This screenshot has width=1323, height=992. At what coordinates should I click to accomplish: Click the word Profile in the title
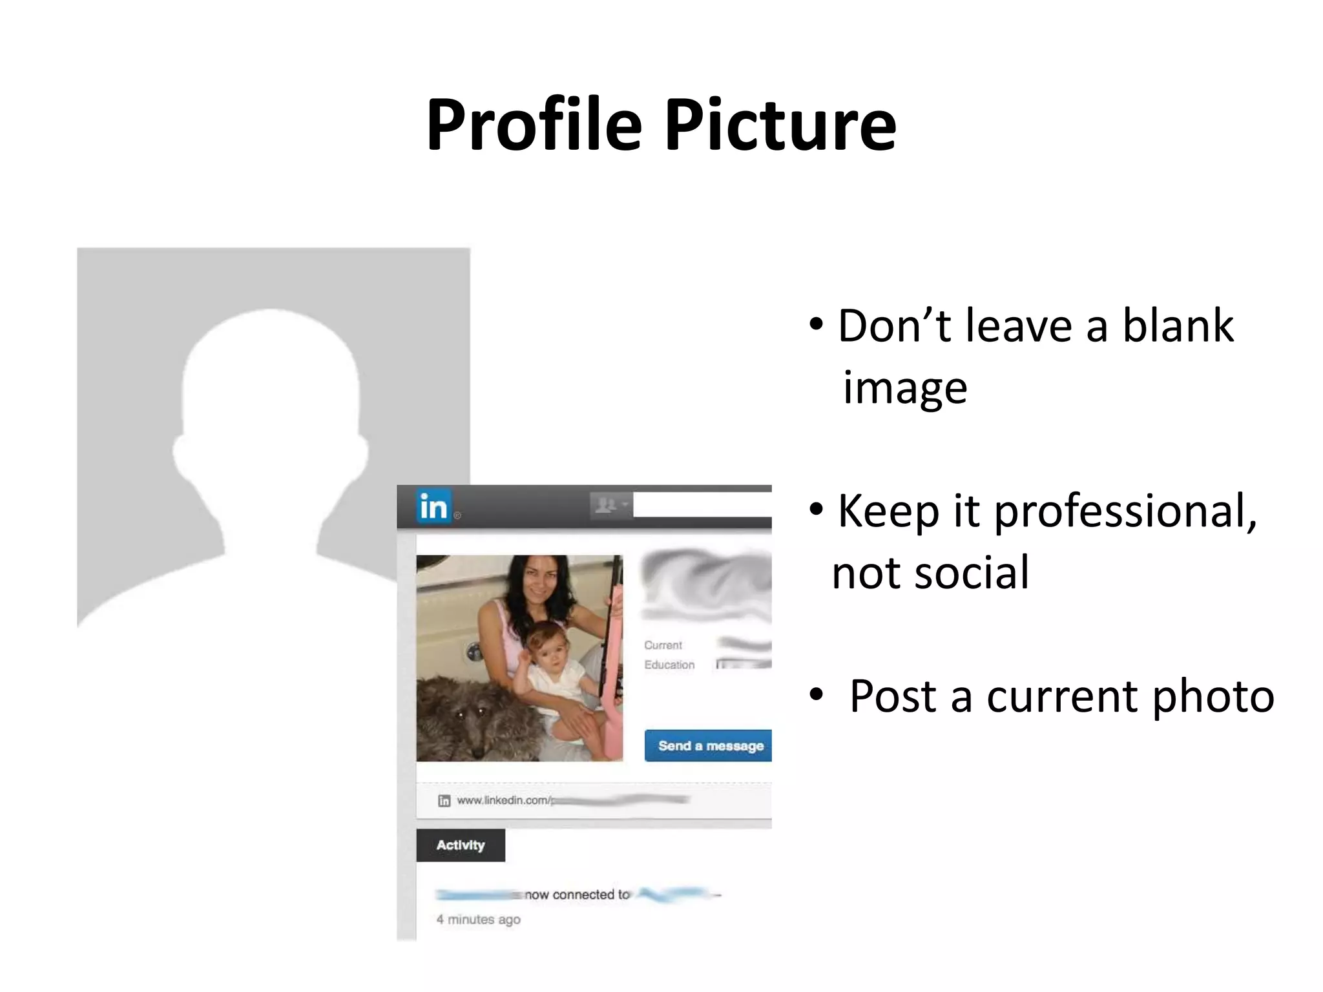pyautogui.click(x=534, y=125)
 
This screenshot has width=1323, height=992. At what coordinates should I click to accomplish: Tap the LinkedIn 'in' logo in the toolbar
pyautogui.click(x=433, y=506)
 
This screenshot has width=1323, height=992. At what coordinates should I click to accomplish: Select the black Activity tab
pyautogui.click(x=460, y=845)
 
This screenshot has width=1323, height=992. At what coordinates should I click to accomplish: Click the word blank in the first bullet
pyautogui.click(x=1177, y=325)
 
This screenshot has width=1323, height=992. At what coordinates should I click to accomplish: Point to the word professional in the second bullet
pyautogui.click(x=1124, y=512)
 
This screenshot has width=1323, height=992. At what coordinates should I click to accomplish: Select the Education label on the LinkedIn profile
pyautogui.click(x=669, y=665)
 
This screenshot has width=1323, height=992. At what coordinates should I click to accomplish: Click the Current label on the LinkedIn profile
pyautogui.click(x=663, y=645)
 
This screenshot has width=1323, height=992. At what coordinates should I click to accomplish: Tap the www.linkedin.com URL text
pyautogui.click(x=503, y=800)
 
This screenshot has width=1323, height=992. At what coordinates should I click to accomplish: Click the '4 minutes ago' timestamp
pyautogui.click(x=478, y=919)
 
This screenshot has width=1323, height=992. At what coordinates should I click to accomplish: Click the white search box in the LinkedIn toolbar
pyautogui.click(x=702, y=504)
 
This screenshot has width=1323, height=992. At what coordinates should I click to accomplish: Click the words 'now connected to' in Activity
pyautogui.click(x=576, y=894)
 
